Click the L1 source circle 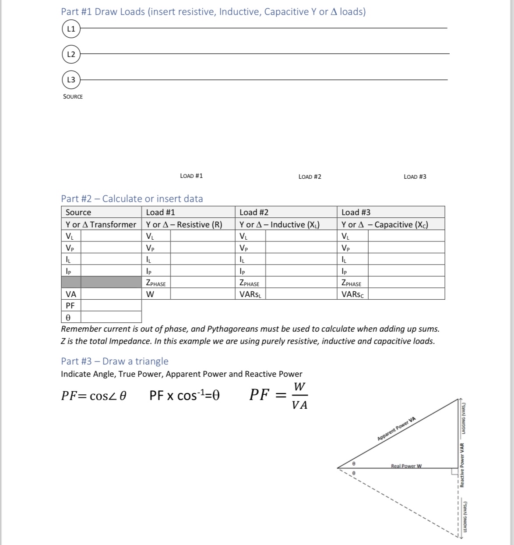click(x=71, y=29)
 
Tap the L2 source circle click(x=71, y=54)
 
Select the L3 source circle click(x=71, y=80)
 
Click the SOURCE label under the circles click(x=73, y=96)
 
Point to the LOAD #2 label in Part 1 click(x=310, y=177)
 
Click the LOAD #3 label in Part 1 click(x=415, y=177)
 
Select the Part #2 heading click(x=132, y=198)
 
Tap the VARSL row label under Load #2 click(x=250, y=294)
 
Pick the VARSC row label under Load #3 click(x=352, y=294)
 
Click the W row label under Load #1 click(x=150, y=294)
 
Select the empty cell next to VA click(x=111, y=294)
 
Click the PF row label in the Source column click(x=70, y=305)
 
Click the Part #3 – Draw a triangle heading click(x=114, y=361)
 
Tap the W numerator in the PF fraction click(x=299, y=387)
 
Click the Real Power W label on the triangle click(x=406, y=466)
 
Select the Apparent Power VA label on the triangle click(x=396, y=429)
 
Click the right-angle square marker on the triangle click(x=454, y=471)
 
